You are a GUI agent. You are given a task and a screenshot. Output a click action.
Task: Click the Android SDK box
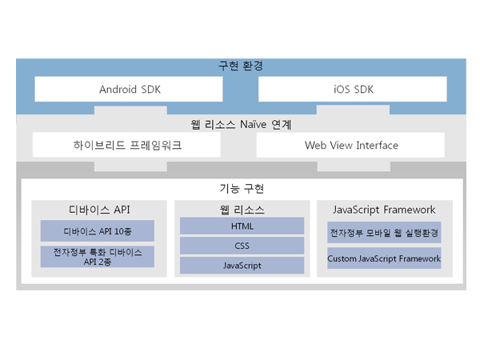click(130, 89)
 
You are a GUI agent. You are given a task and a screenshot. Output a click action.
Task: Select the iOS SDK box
click(354, 89)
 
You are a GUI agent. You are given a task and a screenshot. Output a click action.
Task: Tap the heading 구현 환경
click(241, 66)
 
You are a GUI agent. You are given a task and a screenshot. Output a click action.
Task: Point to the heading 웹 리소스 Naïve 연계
click(241, 125)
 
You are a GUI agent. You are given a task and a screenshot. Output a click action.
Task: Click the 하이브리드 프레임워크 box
click(127, 145)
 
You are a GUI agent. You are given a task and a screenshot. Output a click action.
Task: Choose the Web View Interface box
click(351, 145)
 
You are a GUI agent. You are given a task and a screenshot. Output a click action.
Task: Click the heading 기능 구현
click(242, 189)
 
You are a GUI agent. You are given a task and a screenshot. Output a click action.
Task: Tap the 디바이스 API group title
click(99, 210)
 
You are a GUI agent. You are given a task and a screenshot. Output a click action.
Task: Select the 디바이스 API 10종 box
click(99, 230)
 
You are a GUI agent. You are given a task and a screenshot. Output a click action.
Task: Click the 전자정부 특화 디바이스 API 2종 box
click(99, 257)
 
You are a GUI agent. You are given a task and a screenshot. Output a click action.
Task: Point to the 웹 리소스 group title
click(242, 210)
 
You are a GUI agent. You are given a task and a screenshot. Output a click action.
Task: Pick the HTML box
click(242, 227)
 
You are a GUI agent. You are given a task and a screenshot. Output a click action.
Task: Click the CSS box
click(242, 246)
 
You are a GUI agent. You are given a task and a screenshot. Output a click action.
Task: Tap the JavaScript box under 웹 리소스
click(242, 266)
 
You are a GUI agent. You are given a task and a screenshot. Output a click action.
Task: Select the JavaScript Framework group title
click(384, 210)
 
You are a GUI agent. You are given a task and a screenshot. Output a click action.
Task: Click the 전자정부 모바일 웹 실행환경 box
click(384, 234)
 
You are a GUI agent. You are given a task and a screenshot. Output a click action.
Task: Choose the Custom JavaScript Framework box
click(384, 258)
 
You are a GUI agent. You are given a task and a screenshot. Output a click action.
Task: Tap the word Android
click(118, 89)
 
